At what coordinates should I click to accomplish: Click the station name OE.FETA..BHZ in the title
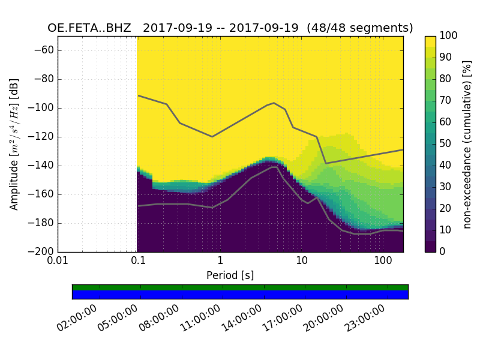click(x=91, y=28)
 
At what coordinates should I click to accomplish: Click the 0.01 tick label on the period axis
click(x=58, y=262)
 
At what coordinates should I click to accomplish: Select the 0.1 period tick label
click(x=138, y=262)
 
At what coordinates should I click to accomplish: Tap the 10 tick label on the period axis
click(x=301, y=262)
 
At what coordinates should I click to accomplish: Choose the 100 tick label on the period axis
click(x=383, y=262)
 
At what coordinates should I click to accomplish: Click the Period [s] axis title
click(x=230, y=275)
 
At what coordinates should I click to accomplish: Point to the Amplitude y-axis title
click(x=14, y=144)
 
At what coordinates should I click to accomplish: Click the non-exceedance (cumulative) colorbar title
click(x=467, y=144)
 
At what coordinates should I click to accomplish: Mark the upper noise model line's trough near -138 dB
click(x=326, y=163)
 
